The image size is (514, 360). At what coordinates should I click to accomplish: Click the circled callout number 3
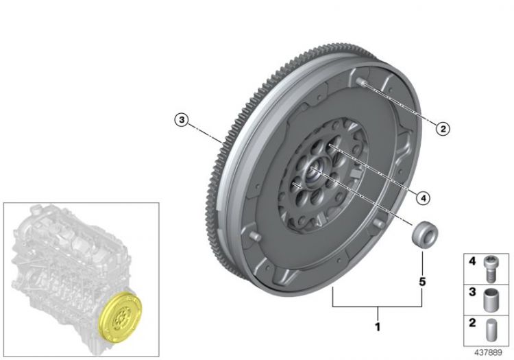182,120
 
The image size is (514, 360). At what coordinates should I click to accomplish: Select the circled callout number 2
443,128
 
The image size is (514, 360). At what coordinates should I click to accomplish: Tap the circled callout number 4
424,198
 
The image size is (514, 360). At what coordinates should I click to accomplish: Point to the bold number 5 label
422,282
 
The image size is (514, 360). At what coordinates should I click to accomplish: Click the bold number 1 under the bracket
378,326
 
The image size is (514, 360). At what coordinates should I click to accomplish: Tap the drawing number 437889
488,352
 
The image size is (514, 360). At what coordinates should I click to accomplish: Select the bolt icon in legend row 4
489,269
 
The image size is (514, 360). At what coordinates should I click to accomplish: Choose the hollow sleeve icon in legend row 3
490,300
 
